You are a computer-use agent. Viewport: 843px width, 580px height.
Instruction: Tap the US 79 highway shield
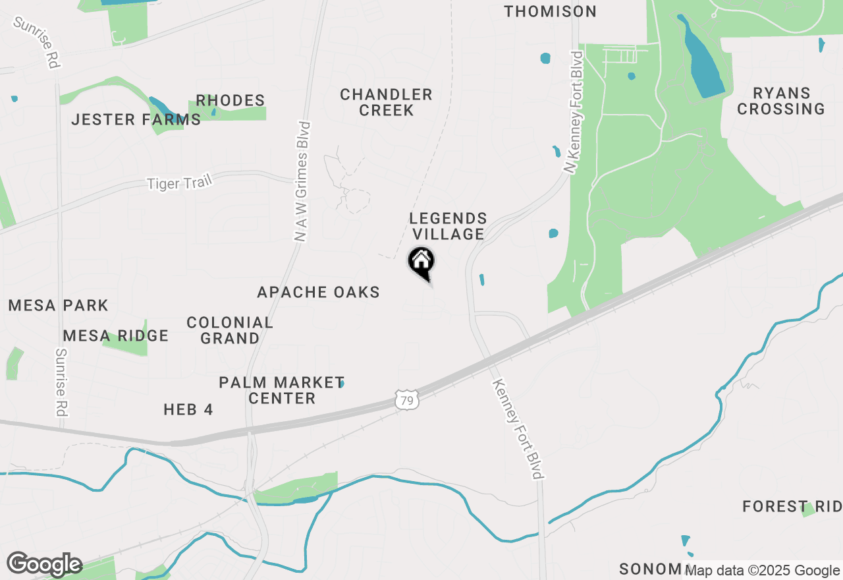(x=406, y=399)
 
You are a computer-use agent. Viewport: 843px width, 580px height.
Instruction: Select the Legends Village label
(x=448, y=226)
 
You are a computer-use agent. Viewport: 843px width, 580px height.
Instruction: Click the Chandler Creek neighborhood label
(x=386, y=102)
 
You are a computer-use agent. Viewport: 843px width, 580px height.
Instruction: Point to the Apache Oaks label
(x=318, y=292)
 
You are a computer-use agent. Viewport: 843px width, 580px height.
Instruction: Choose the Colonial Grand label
(x=229, y=330)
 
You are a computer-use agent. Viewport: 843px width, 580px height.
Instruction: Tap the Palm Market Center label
(x=281, y=390)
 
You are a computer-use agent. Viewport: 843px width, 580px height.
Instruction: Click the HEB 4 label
(x=188, y=409)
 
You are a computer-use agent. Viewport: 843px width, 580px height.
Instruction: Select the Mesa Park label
(x=58, y=305)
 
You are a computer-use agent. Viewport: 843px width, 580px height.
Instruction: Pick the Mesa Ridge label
(x=116, y=335)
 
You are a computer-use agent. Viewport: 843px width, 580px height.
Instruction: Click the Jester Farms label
(x=136, y=119)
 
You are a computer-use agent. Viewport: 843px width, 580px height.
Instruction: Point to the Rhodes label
(x=231, y=100)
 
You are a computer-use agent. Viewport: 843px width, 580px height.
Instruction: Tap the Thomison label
(x=551, y=11)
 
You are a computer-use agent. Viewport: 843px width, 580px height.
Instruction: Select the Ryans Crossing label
(x=781, y=101)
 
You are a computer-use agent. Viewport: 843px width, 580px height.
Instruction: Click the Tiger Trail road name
(x=179, y=183)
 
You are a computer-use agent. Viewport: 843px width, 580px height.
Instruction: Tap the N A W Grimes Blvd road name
(x=304, y=181)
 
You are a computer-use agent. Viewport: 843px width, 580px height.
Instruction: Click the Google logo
(x=44, y=564)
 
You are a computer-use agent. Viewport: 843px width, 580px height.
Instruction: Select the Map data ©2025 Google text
(x=763, y=571)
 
